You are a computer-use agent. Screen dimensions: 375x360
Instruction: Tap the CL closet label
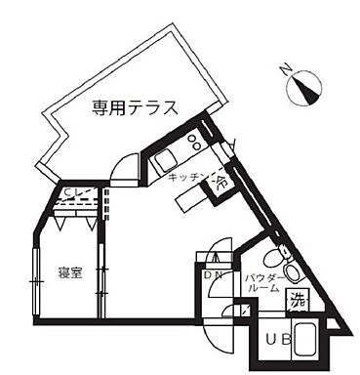point(73,193)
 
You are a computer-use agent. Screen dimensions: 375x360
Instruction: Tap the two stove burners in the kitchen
point(191,142)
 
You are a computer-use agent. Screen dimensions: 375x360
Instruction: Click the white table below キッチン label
point(191,200)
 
